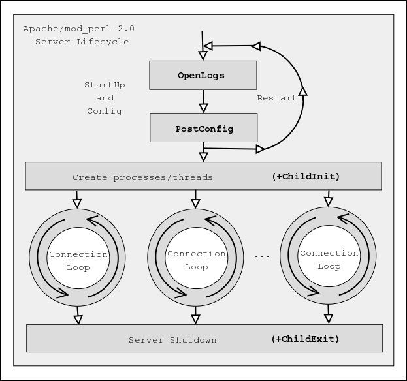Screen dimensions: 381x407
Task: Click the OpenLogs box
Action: point(203,76)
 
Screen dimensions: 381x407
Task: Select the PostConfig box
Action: point(204,129)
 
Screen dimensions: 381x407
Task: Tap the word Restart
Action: point(276,99)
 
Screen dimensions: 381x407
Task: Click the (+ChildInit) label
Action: point(306,177)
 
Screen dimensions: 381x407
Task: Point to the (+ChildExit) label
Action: point(305,339)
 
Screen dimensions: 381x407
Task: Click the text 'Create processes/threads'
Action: point(142,177)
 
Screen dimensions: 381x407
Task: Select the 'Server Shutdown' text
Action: point(172,340)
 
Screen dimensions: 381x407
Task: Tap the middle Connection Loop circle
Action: point(196,260)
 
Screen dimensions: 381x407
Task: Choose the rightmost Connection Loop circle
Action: point(329,260)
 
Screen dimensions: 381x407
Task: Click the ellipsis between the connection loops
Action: point(262,256)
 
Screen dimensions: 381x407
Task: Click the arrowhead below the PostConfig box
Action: point(204,157)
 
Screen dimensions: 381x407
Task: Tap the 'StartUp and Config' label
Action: point(105,98)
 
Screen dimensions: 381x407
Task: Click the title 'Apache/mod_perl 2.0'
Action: point(79,29)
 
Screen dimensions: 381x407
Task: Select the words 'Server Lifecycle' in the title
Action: point(82,42)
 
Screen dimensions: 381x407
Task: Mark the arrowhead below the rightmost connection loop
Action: point(329,318)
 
